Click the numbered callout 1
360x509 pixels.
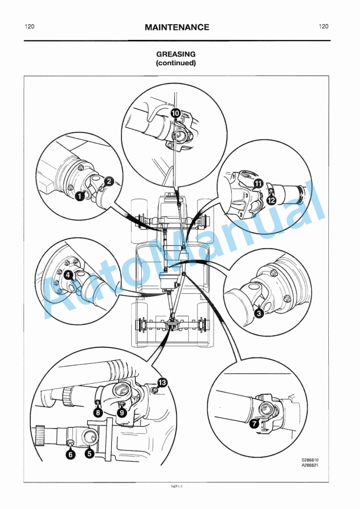pyautogui.click(x=78, y=197)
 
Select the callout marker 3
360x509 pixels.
pyautogui.click(x=258, y=313)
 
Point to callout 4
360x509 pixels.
pyautogui.click(x=68, y=274)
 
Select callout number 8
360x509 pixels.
pyautogui.click(x=98, y=413)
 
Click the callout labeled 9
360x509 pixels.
pyautogui.click(x=122, y=413)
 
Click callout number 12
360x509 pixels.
pyautogui.click(x=272, y=200)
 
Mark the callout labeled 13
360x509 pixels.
pyautogui.click(x=162, y=382)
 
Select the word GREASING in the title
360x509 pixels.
pyautogui.click(x=176, y=54)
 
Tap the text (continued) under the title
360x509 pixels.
pyautogui.click(x=176, y=63)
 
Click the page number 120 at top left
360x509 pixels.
pyautogui.click(x=29, y=26)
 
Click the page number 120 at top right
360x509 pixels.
pyautogui.click(x=323, y=26)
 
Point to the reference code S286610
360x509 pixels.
pyautogui.click(x=319, y=460)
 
